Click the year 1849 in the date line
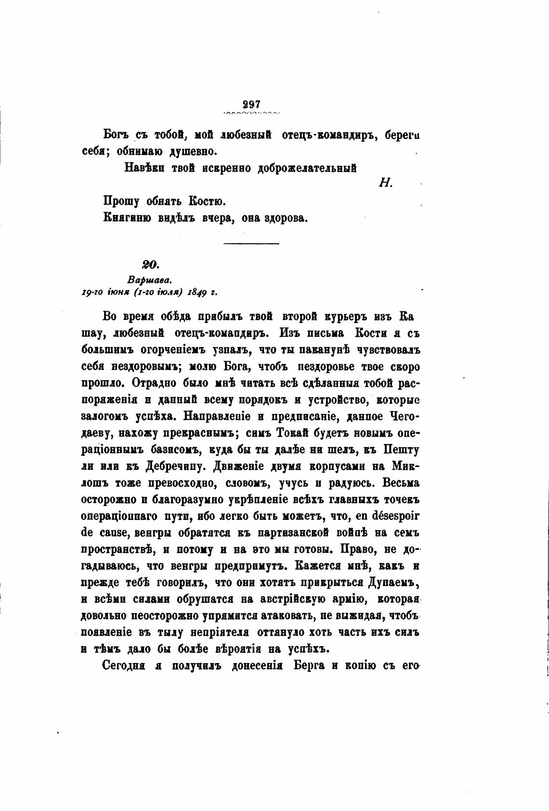click(x=197, y=292)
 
